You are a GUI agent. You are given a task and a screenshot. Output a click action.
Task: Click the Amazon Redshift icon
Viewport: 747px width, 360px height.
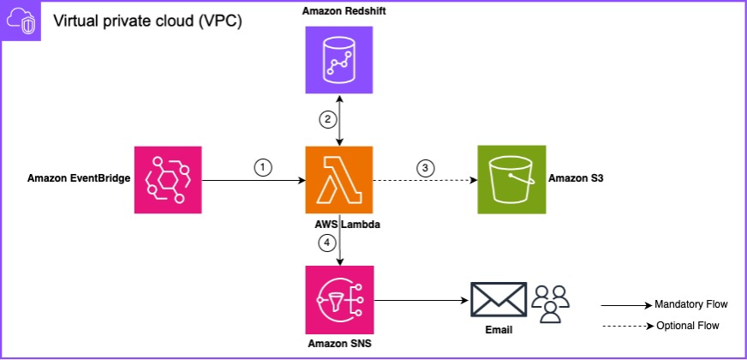click(340, 60)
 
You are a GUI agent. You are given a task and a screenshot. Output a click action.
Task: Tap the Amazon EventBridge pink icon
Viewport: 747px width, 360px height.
click(169, 179)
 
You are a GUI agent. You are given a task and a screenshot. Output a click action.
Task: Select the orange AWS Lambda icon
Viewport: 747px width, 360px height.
click(339, 179)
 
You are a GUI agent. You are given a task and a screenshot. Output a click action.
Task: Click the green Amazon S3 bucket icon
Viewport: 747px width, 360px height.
click(511, 179)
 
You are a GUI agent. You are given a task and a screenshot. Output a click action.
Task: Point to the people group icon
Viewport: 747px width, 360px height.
click(550, 301)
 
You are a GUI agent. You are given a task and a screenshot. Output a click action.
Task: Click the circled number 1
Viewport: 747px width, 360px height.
click(263, 168)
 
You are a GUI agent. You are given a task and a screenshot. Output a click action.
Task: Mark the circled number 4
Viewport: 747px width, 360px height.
click(326, 243)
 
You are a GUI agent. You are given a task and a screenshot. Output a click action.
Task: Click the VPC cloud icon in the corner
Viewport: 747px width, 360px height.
click(21, 21)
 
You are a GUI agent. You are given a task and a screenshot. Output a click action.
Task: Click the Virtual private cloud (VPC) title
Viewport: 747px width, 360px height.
click(147, 21)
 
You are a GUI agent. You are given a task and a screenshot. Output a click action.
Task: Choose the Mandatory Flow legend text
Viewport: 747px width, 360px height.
click(690, 304)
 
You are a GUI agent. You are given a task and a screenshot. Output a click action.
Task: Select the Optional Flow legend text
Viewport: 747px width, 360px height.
click(687, 326)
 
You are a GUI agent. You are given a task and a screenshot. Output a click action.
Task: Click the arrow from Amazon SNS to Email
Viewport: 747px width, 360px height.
click(421, 300)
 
